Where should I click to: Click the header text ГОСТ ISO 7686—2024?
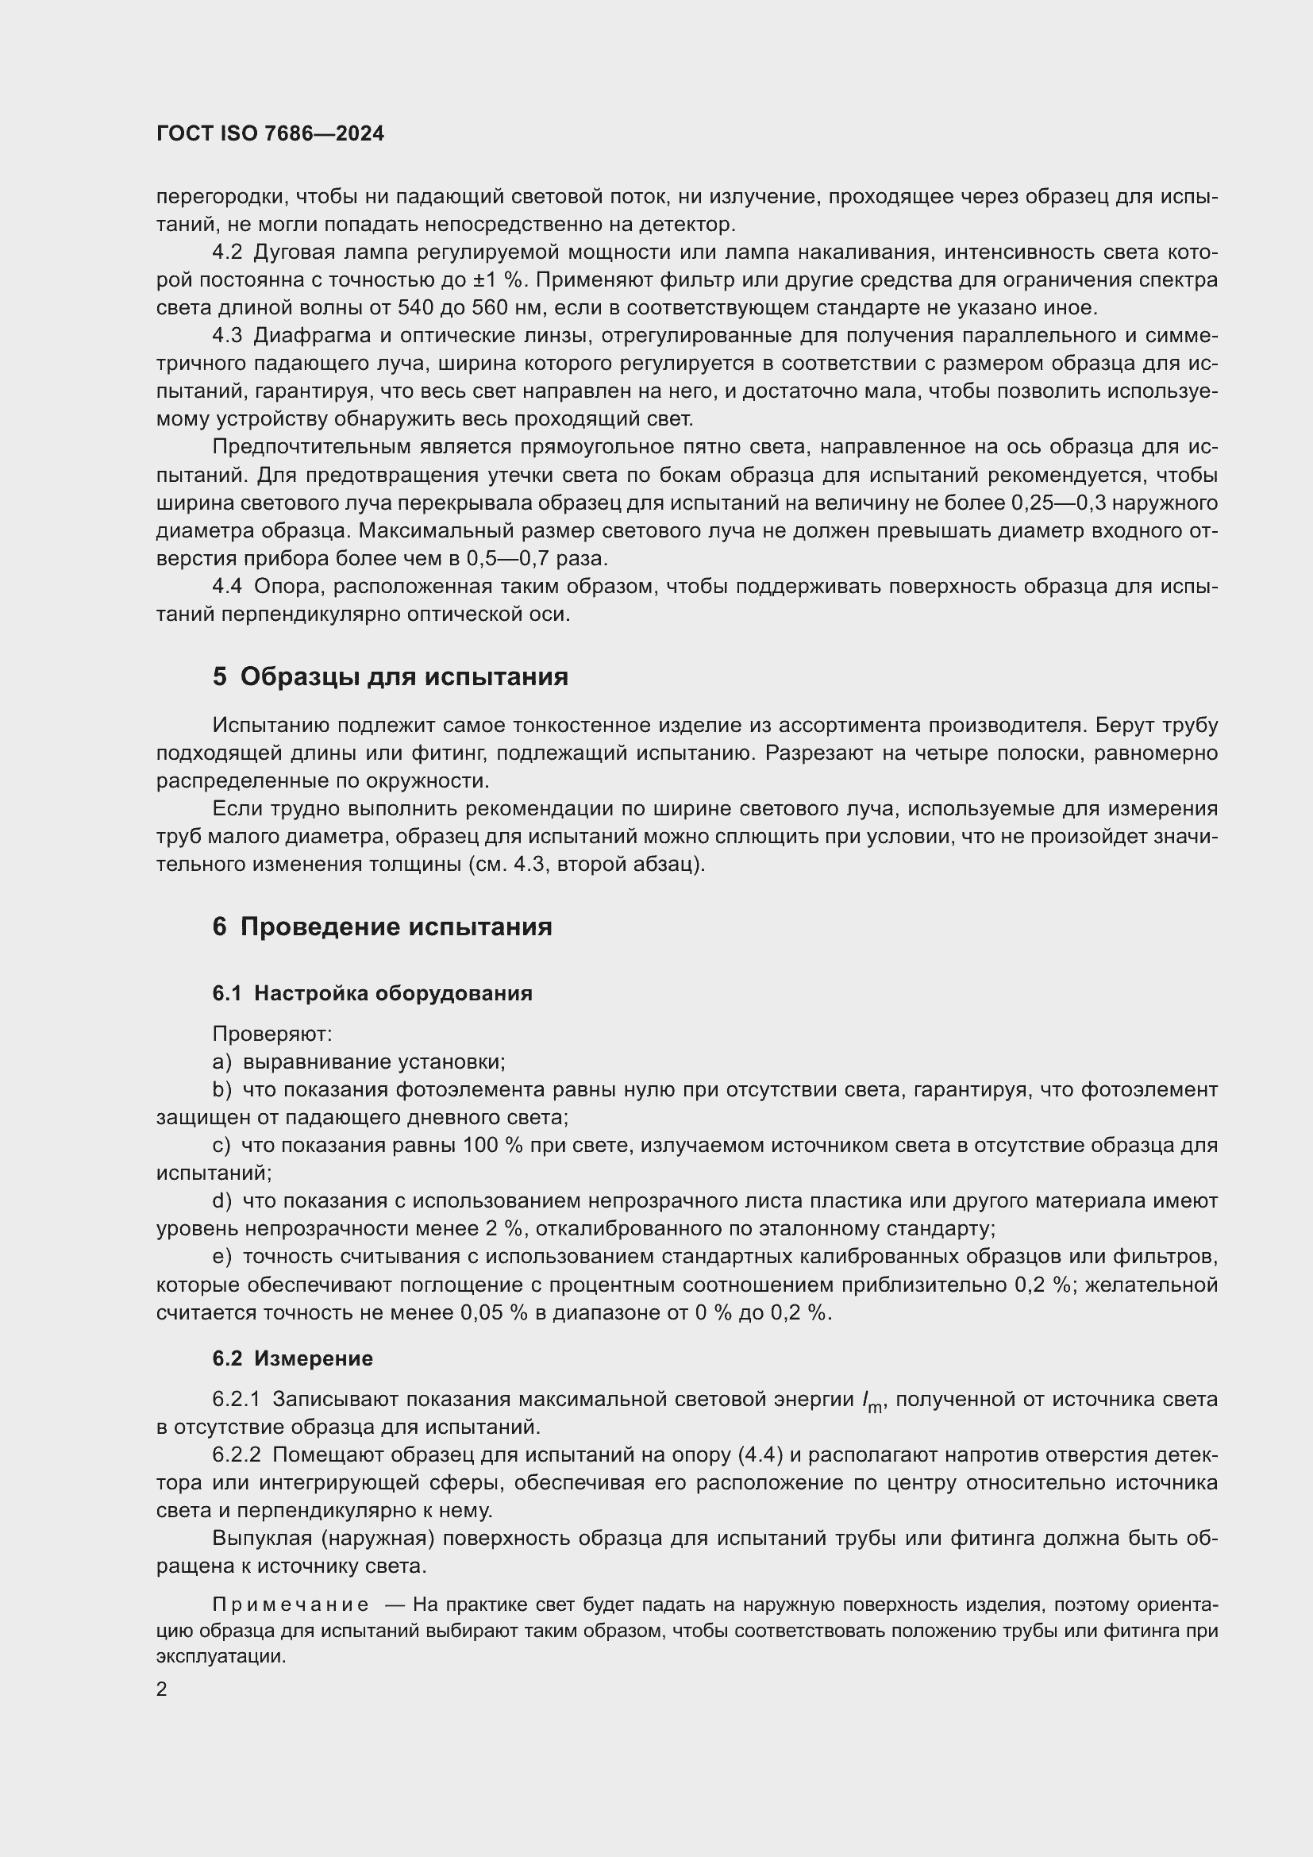point(270,134)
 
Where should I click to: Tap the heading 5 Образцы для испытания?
point(390,676)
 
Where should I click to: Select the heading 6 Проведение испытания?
point(382,926)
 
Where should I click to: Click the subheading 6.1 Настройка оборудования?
point(372,993)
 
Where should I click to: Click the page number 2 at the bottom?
point(162,1689)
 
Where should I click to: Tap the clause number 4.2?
point(227,252)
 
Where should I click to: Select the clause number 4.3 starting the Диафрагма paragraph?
point(227,336)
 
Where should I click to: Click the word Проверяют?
point(272,1034)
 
